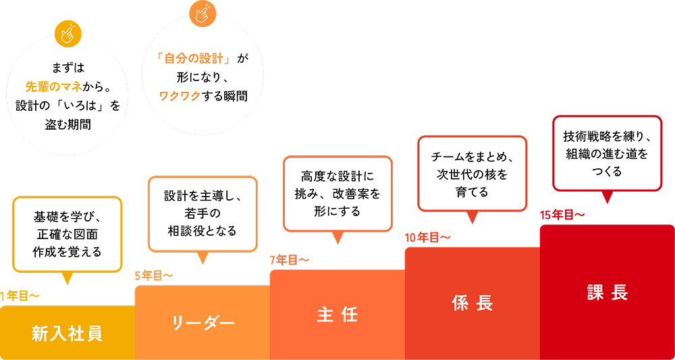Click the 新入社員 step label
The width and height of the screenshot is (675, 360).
click(67, 333)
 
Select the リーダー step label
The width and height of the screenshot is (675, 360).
click(202, 322)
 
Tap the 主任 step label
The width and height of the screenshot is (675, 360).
click(337, 315)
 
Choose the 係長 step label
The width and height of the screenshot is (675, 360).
click(472, 303)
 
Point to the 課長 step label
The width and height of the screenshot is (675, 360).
click(607, 292)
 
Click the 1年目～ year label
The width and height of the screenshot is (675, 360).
click(20, 295)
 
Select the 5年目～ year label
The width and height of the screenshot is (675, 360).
click(154, 275)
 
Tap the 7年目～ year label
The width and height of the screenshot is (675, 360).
click(289, 260)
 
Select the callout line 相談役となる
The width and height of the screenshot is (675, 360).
click(202, 231)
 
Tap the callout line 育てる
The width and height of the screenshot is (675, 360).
click(472, 192)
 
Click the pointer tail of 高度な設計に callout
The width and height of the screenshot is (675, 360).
click(337, 237)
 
